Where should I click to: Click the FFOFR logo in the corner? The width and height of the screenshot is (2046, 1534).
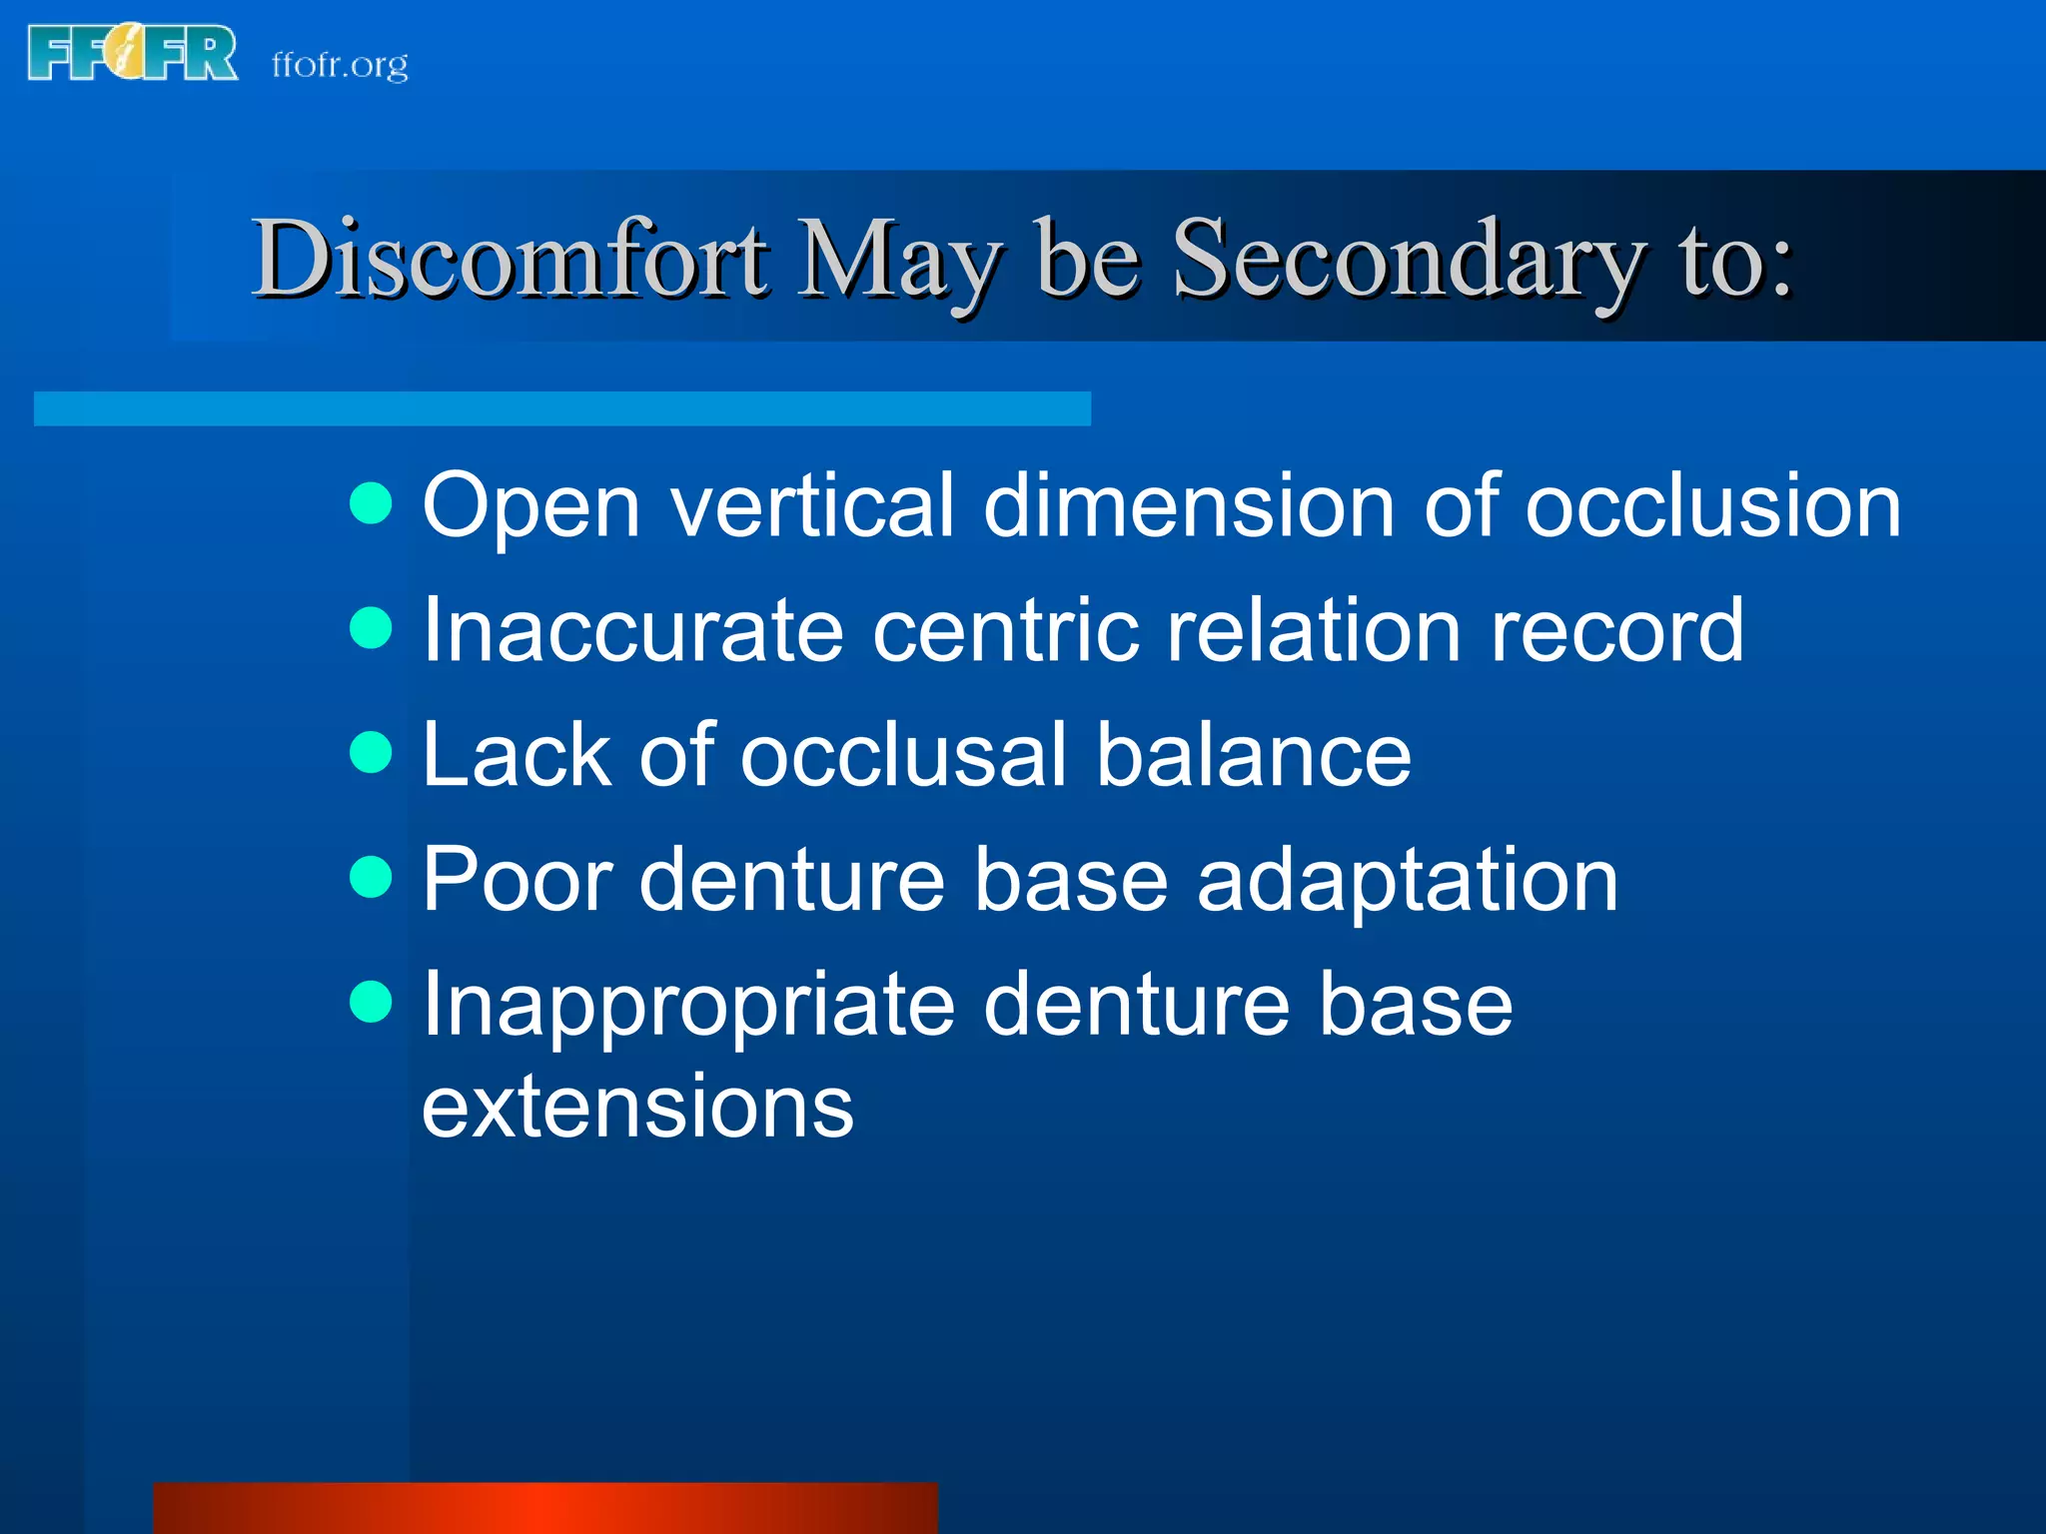point(132,53)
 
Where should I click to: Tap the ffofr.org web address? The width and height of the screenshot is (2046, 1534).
point(340,65)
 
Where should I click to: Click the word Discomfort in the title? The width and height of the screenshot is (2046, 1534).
point(510,260)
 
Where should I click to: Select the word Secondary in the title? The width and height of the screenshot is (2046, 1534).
point(1409,260)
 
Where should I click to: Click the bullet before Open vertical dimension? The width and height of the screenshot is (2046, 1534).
point(372,503)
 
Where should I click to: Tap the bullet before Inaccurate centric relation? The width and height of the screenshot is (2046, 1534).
point(372,628)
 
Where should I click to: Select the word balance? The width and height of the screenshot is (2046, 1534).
point(1254,755)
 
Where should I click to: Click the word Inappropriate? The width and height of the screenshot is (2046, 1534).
point(688,1007)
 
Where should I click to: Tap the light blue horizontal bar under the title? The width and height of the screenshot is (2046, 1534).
point(561,408)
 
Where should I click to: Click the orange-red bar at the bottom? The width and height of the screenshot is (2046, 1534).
point(545,1508)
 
